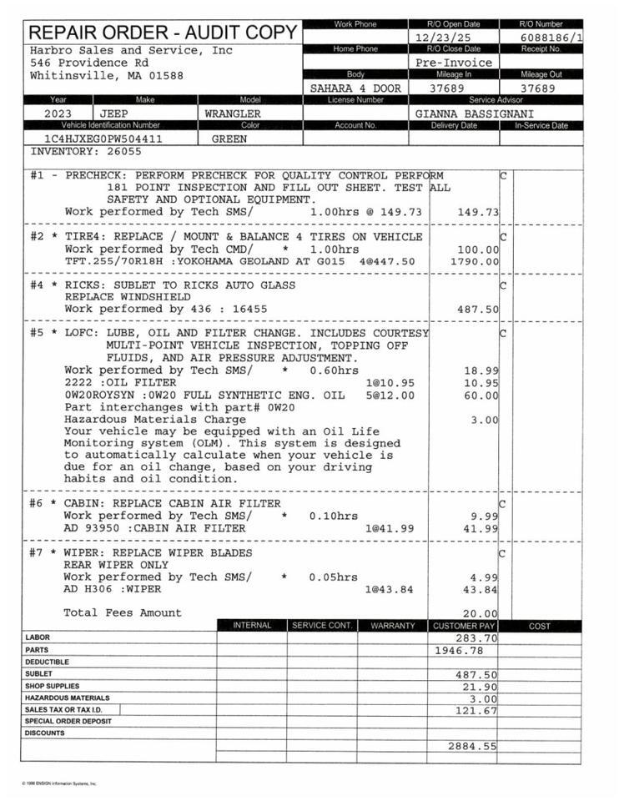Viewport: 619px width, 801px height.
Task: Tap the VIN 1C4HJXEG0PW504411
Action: click(x=103, y=139)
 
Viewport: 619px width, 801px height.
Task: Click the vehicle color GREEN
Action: click(x=229, y=139)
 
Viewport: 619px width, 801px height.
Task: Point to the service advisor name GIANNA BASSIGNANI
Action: click(x=475, y=113)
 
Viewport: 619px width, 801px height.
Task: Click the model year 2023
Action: click(x=58, y=113)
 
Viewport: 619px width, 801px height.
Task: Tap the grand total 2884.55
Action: click(x=471, y=746)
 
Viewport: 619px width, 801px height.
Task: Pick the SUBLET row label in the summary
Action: click(x=38, y=673)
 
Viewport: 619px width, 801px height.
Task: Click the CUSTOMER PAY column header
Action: click(x=463, y=626)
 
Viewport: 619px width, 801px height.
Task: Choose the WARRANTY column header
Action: click(x=392, y=626)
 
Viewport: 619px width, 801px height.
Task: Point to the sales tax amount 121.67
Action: click(x=476, y=711)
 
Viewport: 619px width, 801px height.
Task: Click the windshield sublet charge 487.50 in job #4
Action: click(x=478, y=309)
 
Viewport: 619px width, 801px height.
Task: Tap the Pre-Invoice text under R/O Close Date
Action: click(x=453, y=63)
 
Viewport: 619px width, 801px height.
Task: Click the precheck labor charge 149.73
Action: click(x=478, y=212)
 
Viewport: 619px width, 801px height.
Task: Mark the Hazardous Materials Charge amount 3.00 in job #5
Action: click(x=484, y=420)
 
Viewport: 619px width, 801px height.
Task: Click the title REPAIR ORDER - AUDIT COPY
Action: click(x=163, y=33)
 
